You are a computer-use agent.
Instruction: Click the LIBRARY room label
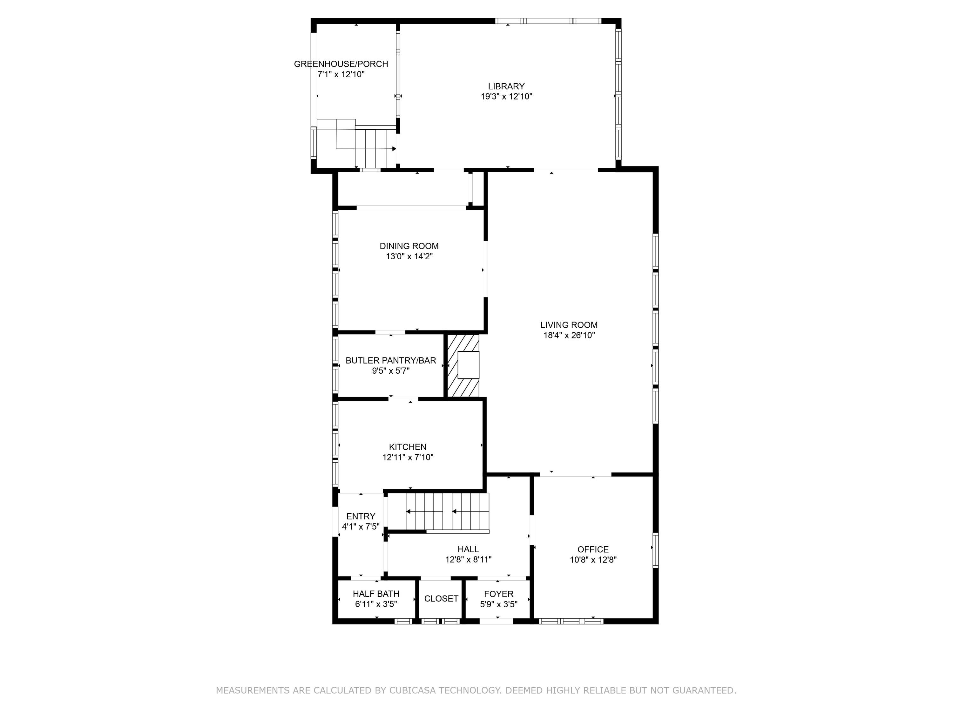[506, 86]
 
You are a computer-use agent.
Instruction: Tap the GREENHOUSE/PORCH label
[341, 64]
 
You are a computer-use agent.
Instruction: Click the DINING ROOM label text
[409, 246]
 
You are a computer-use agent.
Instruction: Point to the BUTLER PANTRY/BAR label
[391, 360]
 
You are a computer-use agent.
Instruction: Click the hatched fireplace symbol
[463, 365]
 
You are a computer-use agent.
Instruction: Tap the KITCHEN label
[408, 447]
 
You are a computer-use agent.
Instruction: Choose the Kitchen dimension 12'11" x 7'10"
[408, 457]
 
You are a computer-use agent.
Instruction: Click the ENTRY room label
[361, 516]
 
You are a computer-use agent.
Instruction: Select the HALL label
[468, 549]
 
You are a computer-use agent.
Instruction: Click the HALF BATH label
[376, 594]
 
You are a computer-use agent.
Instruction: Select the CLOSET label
[441, 599]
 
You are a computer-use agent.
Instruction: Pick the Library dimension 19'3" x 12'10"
[506, 97]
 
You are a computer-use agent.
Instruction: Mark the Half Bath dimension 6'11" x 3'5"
[376, 604]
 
